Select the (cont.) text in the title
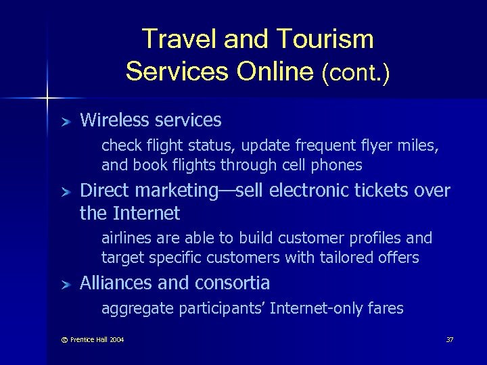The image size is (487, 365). click(356, 71)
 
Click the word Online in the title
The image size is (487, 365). click(275, 71)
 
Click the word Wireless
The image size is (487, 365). click(115, 120)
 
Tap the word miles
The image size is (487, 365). click(420, 146)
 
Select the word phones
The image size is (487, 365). click(338, 165)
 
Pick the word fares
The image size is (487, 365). click(386, 309)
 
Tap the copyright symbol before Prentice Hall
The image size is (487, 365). click(64, 339)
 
